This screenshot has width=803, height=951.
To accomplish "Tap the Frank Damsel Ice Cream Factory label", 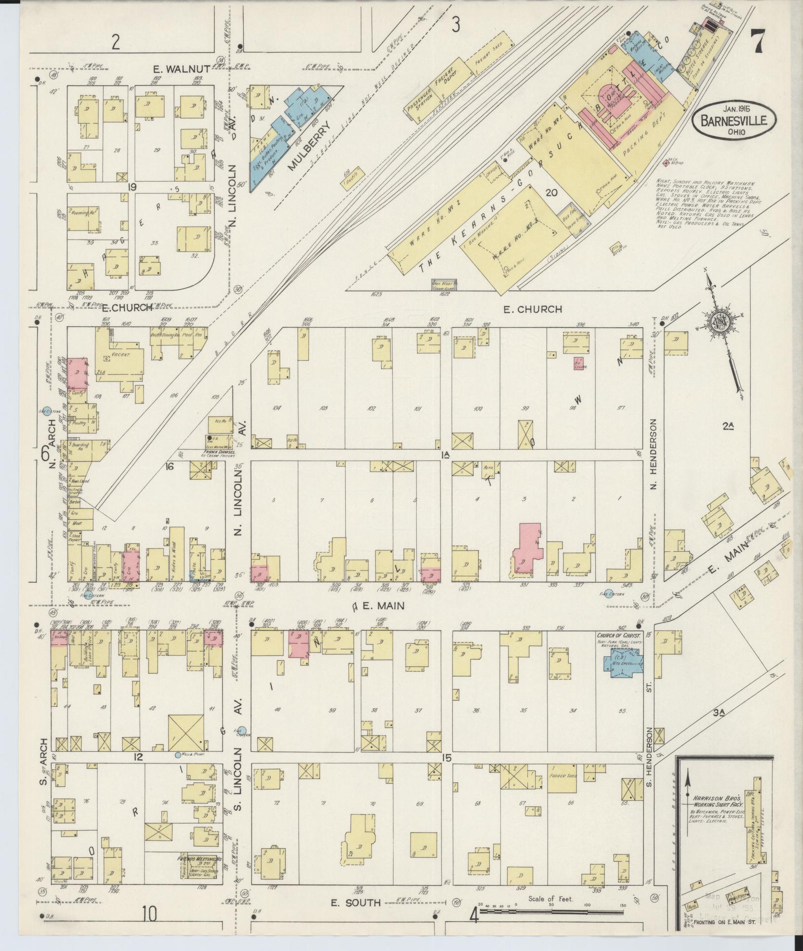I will point(218,454).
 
